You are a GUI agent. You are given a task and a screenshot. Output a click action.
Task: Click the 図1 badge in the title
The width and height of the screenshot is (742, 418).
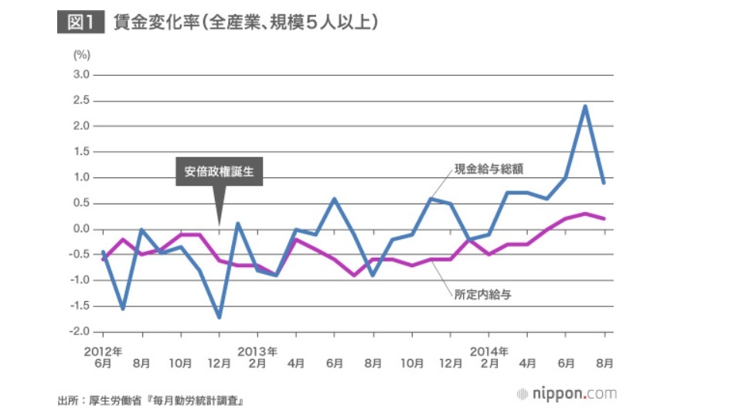coord(80,23)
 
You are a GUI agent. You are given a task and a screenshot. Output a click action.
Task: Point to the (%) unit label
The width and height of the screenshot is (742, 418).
coord(82,55)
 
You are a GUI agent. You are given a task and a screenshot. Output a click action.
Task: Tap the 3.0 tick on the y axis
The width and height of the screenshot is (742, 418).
coord(81,75)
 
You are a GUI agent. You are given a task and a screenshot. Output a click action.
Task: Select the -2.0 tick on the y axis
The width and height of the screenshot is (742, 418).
coord(80,332)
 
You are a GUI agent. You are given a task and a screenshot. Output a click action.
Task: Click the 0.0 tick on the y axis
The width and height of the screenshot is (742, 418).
coord(81,229)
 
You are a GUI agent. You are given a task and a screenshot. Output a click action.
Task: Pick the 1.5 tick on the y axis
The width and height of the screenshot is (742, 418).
coord(81,152)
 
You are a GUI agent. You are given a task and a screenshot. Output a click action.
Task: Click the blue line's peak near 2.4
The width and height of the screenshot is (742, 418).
coord(585,106)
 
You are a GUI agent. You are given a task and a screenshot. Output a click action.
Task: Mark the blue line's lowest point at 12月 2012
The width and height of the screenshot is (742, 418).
coord(220,317)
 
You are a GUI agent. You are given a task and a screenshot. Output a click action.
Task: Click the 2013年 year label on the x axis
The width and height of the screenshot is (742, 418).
coord(257,351)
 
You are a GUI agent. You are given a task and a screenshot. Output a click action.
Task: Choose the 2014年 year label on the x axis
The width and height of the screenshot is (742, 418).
coord(488,351)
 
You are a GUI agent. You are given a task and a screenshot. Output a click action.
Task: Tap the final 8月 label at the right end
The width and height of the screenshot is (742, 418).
coord(604,361)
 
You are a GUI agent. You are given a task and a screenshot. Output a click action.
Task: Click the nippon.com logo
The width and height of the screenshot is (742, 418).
coord(567,394)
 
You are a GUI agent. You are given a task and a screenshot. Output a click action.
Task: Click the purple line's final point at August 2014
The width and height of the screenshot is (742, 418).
coord(604,218)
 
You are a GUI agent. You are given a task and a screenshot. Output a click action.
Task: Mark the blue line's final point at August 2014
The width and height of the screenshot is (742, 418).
coord(604,183)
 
